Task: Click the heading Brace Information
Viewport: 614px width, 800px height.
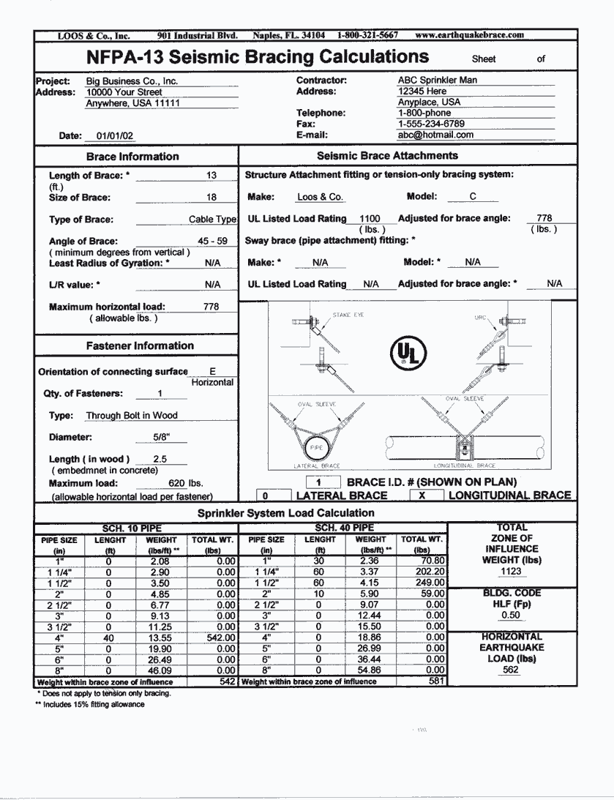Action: pyautogui.click(x=132, y=156)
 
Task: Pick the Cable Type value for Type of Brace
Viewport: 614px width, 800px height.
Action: pyautogui.click(x=212, y=219)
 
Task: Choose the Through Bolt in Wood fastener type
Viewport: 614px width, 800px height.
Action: pyautogui.click(x=132, y=415)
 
